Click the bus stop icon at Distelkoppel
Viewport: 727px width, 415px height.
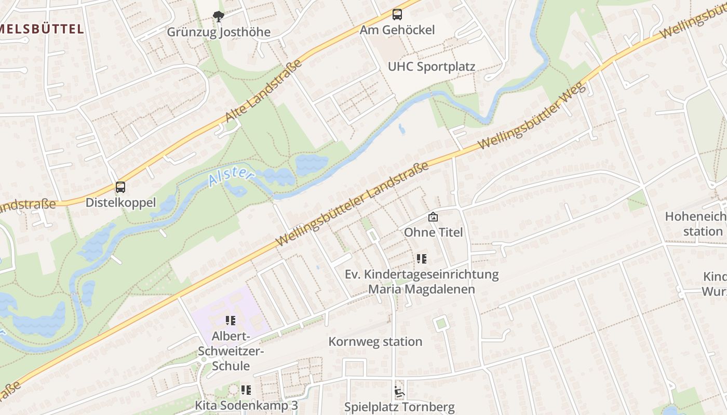point(120,187)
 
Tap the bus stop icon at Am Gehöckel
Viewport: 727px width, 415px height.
point(397,15)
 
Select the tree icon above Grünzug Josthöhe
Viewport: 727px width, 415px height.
point(219,17)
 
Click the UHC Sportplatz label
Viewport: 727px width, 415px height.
point(432,67)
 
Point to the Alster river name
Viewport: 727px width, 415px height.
point(230,176)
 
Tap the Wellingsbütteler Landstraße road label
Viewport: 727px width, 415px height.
point(353,204)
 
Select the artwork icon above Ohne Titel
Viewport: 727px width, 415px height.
point(433,217)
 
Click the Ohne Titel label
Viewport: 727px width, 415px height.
point(433,232)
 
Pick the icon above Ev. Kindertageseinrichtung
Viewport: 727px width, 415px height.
point(422,258)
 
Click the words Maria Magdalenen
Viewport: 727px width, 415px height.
point(421,289)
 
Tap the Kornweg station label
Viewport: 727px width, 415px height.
point(375,342)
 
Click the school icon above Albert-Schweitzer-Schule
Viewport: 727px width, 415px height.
point(231,321)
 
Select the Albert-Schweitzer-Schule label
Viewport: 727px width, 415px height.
point(231,351)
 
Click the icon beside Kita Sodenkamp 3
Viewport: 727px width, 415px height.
point(246,390)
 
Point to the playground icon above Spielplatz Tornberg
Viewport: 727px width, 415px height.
point(399,392)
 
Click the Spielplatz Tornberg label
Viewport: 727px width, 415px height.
point(399,407)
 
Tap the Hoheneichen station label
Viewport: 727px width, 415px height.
point(696,224)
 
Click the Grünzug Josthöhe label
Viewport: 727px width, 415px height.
point(219,32)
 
